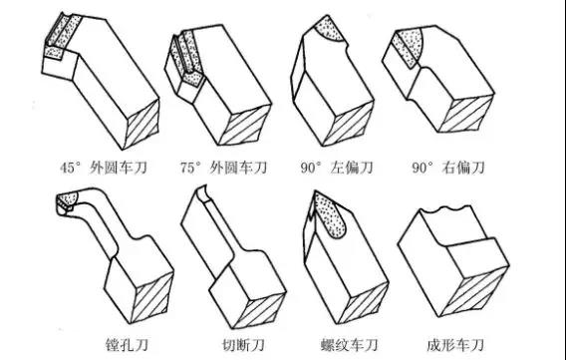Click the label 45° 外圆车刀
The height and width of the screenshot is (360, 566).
[x=104, y=168]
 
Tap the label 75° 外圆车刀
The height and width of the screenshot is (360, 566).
[x=224, y=168]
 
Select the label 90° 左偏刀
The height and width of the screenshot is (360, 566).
[x=337, y=168]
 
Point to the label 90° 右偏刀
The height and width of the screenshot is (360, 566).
[x=448, y=168]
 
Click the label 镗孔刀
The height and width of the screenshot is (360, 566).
[x=127, y=345]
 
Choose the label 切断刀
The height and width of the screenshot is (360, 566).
[x=243, y=345]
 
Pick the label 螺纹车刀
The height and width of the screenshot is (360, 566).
[x=349, y=345]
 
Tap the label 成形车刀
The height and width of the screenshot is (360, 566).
[x=454, y=345]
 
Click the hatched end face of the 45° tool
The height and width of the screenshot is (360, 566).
[x=141, y=124]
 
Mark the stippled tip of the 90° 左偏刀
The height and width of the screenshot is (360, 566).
[x=329, y=28]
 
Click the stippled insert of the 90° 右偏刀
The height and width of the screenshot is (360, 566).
[x=410, y=47]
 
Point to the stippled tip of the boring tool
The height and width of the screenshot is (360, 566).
[x=67, y=200]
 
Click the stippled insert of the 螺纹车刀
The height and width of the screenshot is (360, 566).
[x=329, y=214]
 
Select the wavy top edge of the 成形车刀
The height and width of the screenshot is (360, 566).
[x=447, y=209]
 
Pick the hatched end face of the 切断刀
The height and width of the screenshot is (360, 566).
[x=259, y=310]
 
